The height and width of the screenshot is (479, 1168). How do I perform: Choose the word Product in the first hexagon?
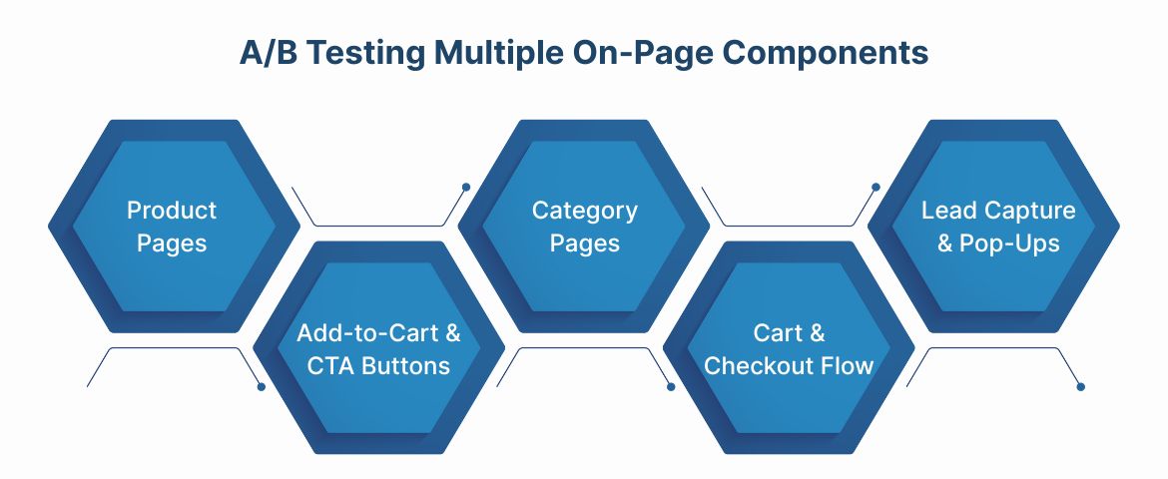pyautogui.click(x=172, y=211)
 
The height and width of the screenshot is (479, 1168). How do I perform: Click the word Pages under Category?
pyautogui.click(x=585, y=242)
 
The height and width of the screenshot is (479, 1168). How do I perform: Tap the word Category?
pyautogui.click(x=585, y=211)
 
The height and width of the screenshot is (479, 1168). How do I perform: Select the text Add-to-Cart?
pyautogui.click(x=368, y=333)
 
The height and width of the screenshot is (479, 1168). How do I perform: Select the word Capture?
pyautogui.click(x=1030, y=211)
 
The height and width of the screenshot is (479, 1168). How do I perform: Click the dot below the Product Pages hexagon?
pyautogui.click(x=262, y=386)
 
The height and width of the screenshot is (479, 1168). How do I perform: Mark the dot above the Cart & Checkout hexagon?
pyautogui.click(x=876, y=187)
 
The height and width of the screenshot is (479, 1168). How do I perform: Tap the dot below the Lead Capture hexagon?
pyautogui.click(x=1081, y=386)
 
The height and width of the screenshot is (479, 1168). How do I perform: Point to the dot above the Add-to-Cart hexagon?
pyautogui.click(x=466, y=187)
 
